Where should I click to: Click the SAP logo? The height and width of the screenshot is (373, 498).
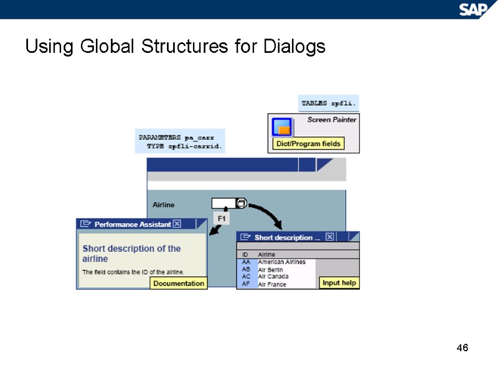pyautogui.click(x=476, y=9)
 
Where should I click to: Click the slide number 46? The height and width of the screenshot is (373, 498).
pyautogui.click(x=462, y=348)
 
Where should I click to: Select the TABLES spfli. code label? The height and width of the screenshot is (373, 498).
pyautogui.click(x=329, y=103)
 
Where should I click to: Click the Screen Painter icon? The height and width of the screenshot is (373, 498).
pyautogui.click(x=283, y=126)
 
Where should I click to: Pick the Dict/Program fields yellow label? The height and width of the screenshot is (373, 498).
pyautogui.click(x=309, y=144)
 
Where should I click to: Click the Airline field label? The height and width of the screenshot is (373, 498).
pyautogui.click(x=164, y=205)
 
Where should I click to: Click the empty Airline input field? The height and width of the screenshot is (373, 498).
pyautogui.click(x=223, y=203)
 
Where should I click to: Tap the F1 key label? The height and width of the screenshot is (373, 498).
pyautogui.click(x=222, y=218)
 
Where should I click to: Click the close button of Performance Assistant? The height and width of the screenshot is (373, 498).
pyautogui.click(x=177, y=224)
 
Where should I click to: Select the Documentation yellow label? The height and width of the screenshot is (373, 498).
pyautogui.click(x=179, y=283)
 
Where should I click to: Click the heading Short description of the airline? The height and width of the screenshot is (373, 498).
pyautogui.click(x=131, y=253)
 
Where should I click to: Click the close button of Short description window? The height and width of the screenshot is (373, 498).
pyautogui.click(x=330, y=237)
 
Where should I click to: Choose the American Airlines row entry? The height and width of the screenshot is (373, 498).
pyautogui.click(x=281, y=262)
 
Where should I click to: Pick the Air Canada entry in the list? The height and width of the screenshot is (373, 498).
pyautogui.click(x=273, y=277)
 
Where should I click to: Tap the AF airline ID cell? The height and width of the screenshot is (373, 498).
pyautogui.click(x=246, y=284)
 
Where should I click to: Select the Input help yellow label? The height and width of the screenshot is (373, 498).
pyautogui.click(x=339, y=283)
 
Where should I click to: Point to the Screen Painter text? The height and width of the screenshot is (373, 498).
pyautogui.click(x=332, y=119)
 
